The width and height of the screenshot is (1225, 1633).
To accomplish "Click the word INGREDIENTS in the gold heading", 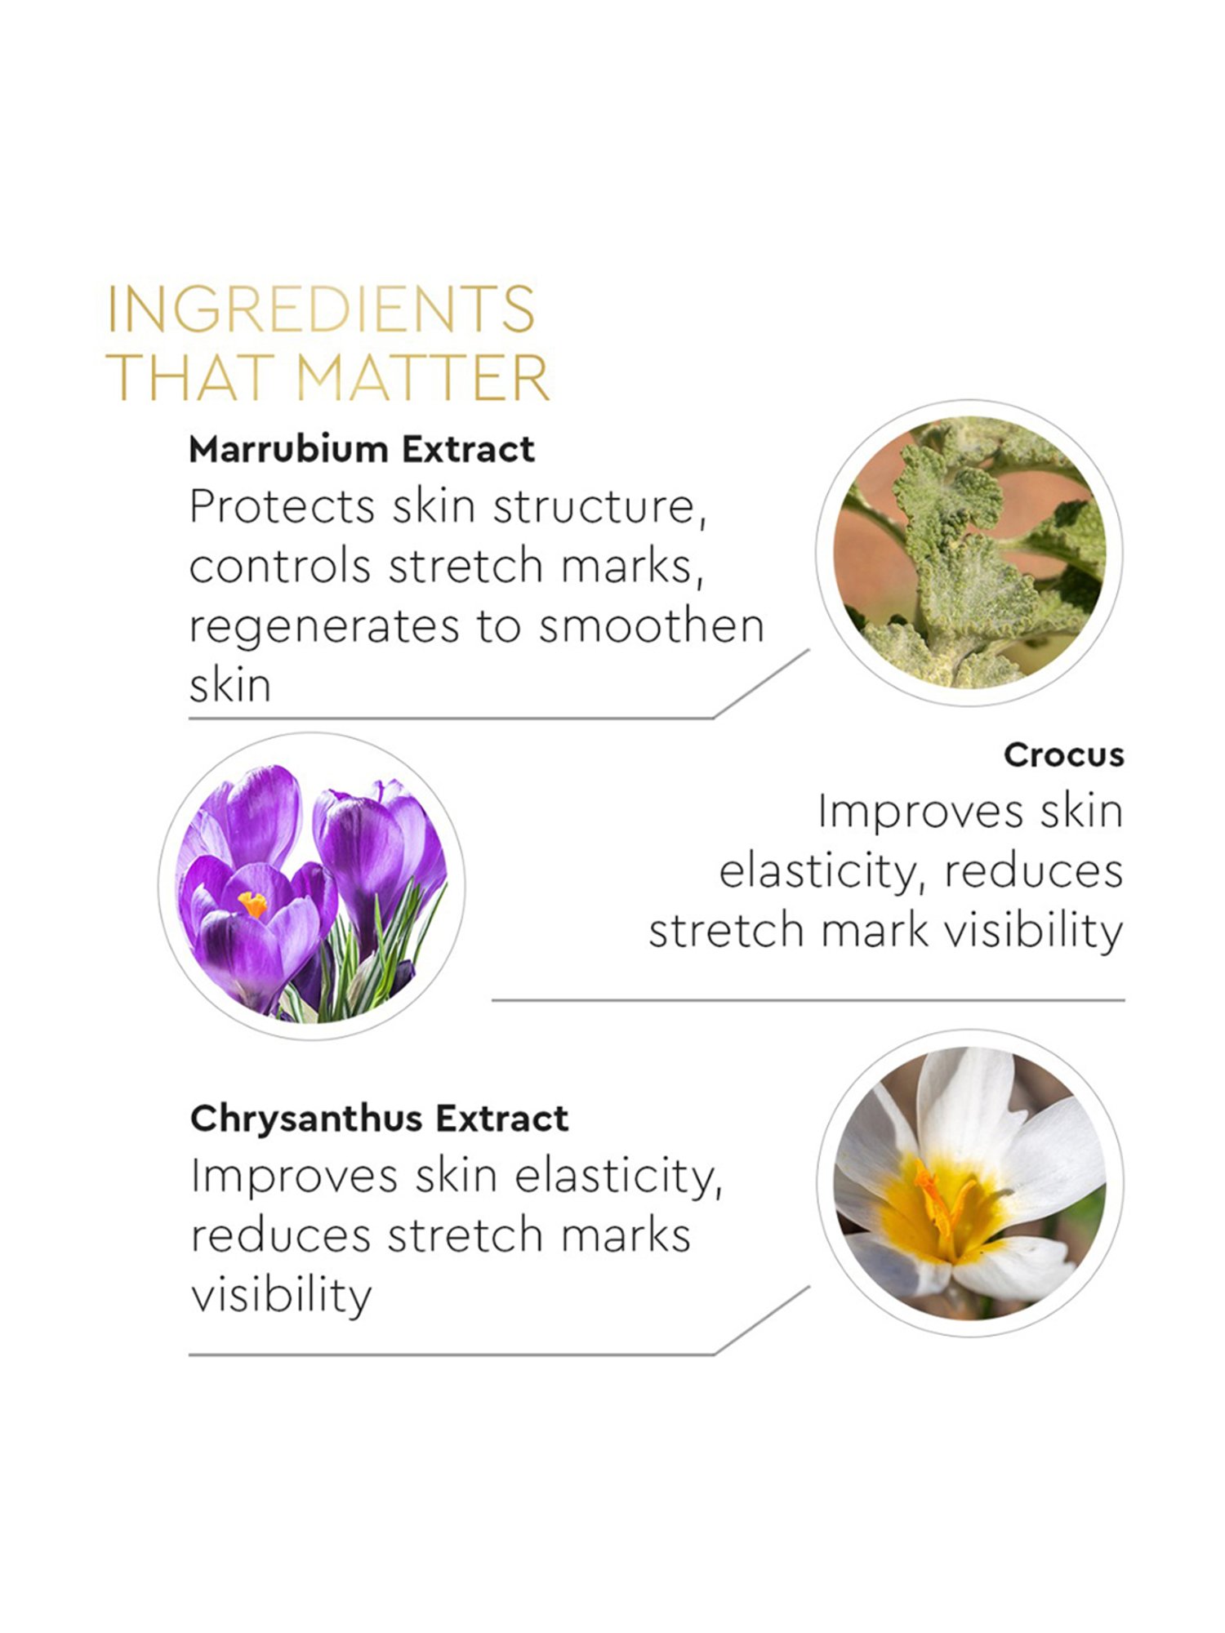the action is tap(321, 309).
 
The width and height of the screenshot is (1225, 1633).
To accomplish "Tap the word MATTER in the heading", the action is tap(422, 376).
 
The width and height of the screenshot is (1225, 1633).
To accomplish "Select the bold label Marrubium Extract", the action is tap(362, 449).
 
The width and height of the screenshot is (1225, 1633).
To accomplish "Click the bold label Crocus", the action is tap(1063, 754).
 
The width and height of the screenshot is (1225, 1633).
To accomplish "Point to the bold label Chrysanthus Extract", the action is tap(380, 1118).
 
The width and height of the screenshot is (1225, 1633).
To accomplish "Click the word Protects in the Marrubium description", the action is tap(281, 506).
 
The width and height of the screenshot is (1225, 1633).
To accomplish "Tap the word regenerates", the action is tap(324, 628).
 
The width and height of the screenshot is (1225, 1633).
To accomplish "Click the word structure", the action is tap(599, 507).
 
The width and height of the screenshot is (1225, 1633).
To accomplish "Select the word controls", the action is tap(280, 566).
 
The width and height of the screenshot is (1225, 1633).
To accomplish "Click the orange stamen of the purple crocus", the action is tap(252, 904).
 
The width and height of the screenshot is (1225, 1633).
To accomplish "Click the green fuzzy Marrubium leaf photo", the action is tap(969, 553).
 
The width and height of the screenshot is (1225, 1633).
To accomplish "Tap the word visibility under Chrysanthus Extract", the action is tap(281, 1296).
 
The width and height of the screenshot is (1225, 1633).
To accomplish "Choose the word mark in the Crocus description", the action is tap(875, 931).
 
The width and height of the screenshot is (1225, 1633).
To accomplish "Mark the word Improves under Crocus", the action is tap(920, 813).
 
